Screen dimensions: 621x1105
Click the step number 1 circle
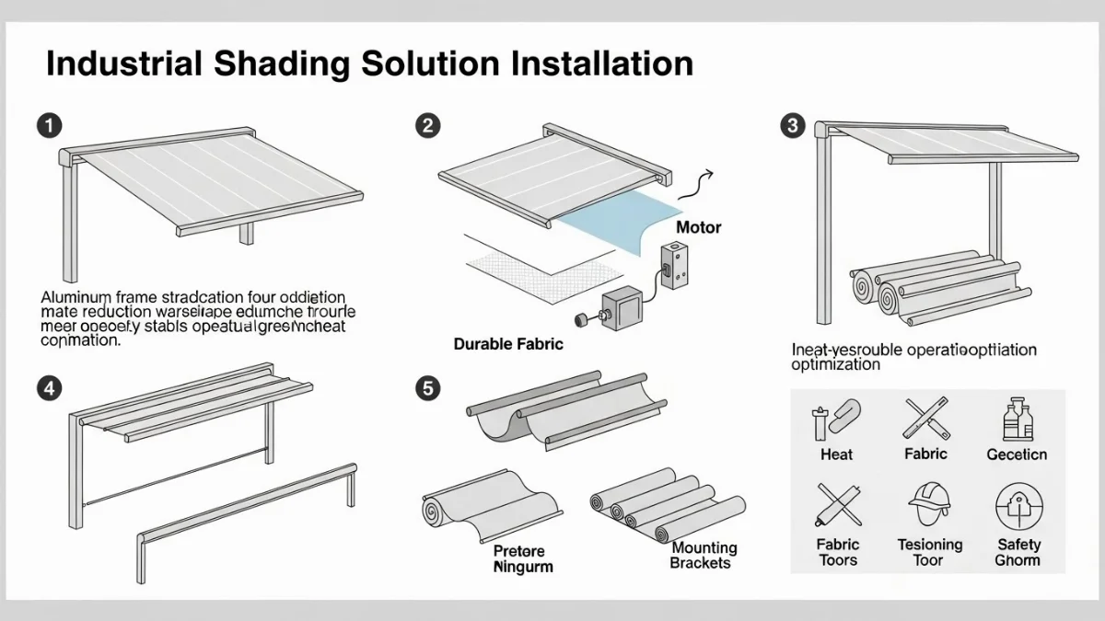pos(50,126)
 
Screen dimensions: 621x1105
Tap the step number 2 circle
pos(426,126)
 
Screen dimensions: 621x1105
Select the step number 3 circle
pos(792,126)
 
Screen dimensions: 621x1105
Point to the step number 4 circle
pos(50,388)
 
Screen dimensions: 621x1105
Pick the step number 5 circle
pos(426,388)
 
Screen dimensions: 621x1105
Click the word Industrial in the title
pos(115,63)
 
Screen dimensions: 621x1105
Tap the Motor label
pos(699,226)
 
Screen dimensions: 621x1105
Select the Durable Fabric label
pos(508,344)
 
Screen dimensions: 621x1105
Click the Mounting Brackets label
pos(703,556)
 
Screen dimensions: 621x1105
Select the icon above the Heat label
pos(836,420)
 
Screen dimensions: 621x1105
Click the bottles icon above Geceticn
pos(1017,421)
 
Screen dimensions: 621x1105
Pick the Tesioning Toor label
pos(930,552)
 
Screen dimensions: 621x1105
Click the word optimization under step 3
pos(835,365)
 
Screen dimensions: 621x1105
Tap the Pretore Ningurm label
pos(523,558)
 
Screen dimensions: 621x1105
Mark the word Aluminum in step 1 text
pos(76,298)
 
